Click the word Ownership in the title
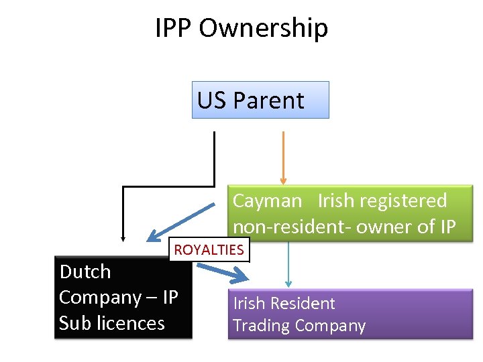[264, 28]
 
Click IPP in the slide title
[174, 28]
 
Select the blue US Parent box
[260, 100]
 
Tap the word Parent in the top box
[268, 101]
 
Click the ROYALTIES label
[209, 250]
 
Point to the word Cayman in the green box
[267, 200]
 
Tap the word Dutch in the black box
[85, 271]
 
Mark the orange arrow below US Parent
[283, 154]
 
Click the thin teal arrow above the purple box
[288, 265]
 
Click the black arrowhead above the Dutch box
[123, 237]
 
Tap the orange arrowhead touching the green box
[283, 180]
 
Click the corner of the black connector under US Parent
[214, 186]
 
